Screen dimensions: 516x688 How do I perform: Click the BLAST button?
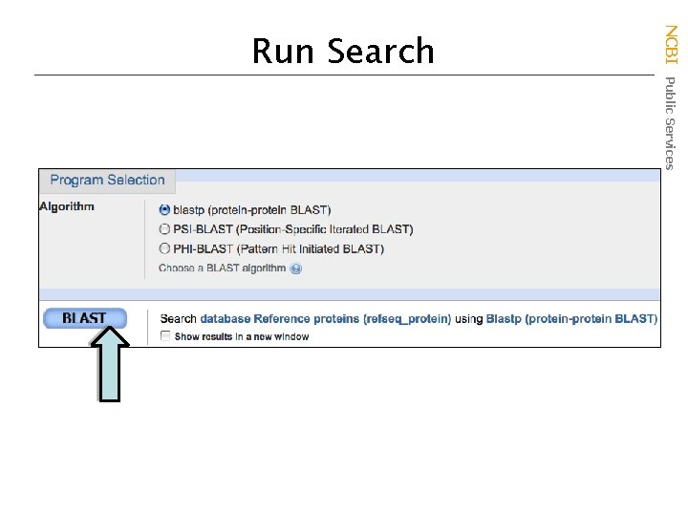pyautogui.click(x=84, y=318)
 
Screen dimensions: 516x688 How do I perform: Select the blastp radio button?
pyautogui.click(x=164, y=209)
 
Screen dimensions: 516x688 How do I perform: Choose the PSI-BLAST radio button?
pyautogui.click(x=164, y=229)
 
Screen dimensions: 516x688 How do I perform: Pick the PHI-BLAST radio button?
pyautogui.click(x=164, y=248)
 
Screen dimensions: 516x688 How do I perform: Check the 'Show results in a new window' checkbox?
pyautogui.click(x=165, y=336)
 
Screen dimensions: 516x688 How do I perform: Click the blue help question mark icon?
pyautogui.click(x=296, y=269)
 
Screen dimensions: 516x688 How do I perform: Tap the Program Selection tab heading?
pyautogui.click(x=107, y=180)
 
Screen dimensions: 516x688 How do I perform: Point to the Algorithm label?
pyautogui.click(x=67, y=206)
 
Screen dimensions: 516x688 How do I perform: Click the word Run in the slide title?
pyautogui.click(x=283, y=51)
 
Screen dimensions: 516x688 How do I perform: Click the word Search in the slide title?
pyautogui.click(x=380, y=51)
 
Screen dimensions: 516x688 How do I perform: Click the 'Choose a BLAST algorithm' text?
pyautogui.click(x=222, y=269)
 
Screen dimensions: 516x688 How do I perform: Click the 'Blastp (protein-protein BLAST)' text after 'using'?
pyautogui.click(x=571, y=319)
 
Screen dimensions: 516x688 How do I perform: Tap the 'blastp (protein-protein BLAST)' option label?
pyautogui.click(x=252, y=210)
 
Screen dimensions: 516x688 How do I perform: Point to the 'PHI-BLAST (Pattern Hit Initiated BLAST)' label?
pyautogui.click(x=278, y=249)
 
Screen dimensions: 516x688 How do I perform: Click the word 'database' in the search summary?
pyautogui.click(x=226, y=319)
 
